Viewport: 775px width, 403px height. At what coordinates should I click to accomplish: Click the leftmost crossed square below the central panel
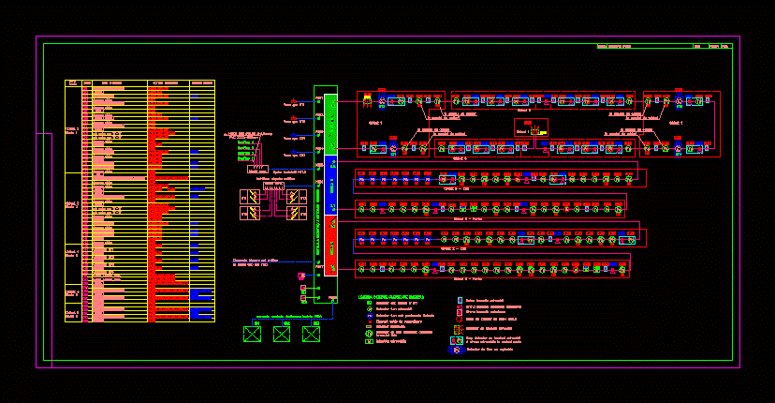[252, 333]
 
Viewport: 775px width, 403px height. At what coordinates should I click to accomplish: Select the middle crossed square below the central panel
[281, 333]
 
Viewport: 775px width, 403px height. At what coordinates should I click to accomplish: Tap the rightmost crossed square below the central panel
[311, 333]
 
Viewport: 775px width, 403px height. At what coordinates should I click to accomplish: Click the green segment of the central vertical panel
[329, 123]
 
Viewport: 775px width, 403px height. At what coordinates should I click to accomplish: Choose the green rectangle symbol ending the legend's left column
[369, 342]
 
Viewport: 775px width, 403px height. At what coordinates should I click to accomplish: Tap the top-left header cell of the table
[73, 83]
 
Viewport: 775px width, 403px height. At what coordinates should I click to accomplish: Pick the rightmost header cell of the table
[202, 83]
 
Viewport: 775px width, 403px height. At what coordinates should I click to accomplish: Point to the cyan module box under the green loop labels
[255, 170]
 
